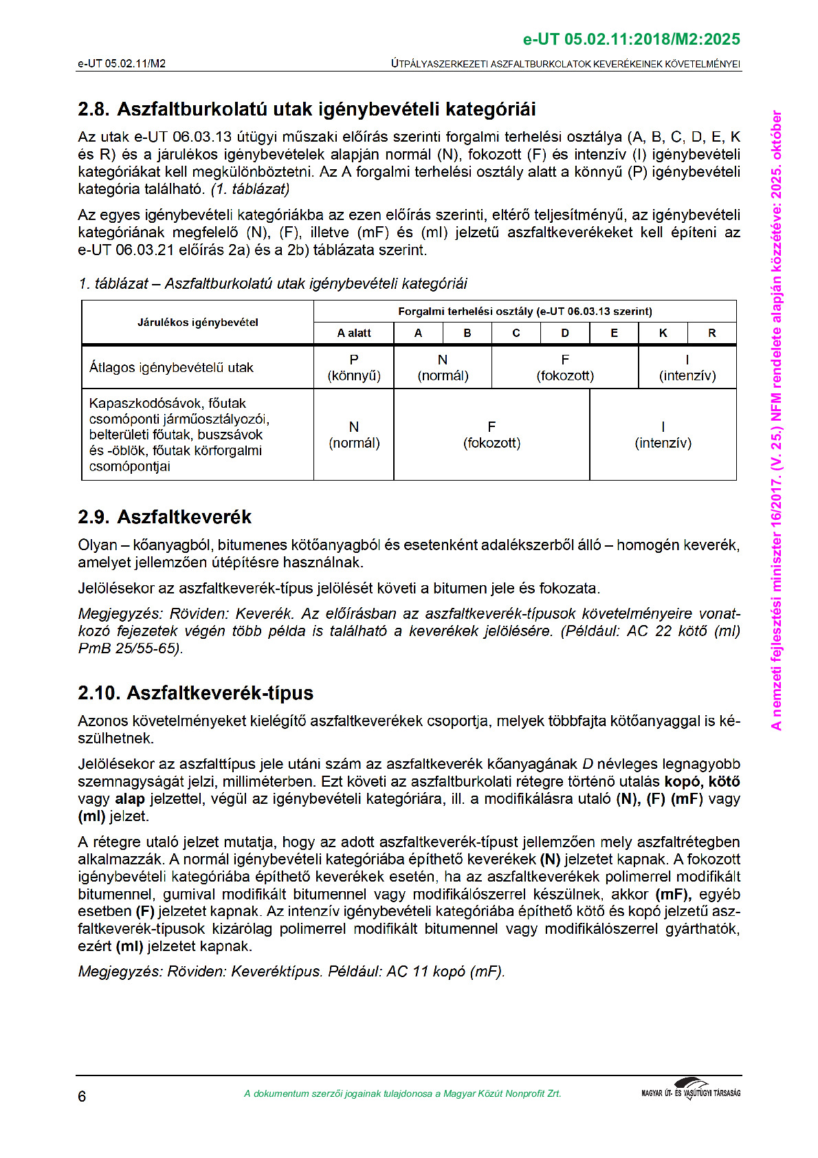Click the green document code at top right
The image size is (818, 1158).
point(631,39)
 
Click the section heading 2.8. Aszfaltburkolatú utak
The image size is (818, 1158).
point(307,109)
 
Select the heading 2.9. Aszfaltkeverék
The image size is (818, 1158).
point(164,517)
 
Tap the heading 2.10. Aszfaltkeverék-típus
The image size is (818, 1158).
point(195,693)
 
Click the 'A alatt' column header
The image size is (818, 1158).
point(354,334)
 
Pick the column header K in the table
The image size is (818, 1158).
point(663,334)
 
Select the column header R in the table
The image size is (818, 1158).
point(711,334)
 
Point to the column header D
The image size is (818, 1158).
point(565,334)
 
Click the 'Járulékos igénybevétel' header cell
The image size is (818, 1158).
point(198,323)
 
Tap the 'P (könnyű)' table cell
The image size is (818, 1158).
point(354,368)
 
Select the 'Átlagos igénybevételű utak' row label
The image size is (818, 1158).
point(171,368)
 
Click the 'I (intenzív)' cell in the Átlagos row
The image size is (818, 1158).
point(687,368)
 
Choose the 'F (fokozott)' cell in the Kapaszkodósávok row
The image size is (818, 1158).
point(491,435)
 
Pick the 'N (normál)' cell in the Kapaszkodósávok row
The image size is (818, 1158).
point(354,435)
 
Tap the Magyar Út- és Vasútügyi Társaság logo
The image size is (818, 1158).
point(691,1091)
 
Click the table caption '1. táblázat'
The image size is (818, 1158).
point(273,284)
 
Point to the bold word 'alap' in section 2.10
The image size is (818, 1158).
point(130,799)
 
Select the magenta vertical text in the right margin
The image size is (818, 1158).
point(777,419)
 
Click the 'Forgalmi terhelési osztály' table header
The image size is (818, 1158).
point(525,312)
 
